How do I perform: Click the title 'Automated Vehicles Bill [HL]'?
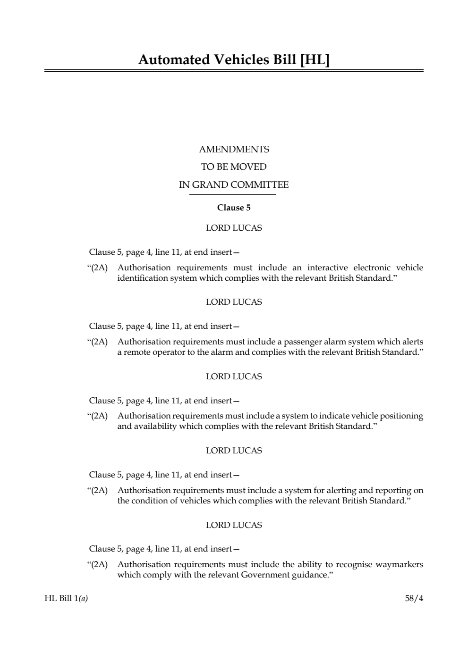click(x=234, y=60)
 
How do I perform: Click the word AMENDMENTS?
click(x=234, y=150)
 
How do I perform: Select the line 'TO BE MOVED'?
click(x=234, y=167)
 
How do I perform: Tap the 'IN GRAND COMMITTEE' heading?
click(x=234, y=185)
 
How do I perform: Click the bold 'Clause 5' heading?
click(x=234, y=208)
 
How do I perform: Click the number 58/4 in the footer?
click(x=414, y=599)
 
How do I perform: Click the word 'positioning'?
click(x=401, y=416)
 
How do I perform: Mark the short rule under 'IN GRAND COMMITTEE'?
click(x=233, y=194)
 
